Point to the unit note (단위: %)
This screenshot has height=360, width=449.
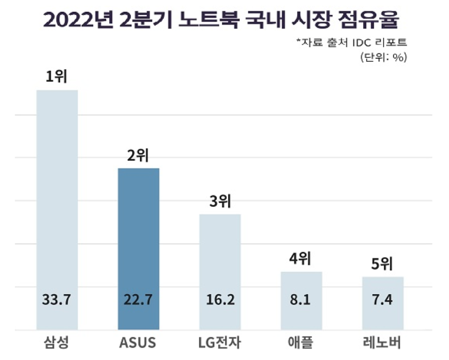[x=384, y=57]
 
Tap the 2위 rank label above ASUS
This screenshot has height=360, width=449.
[x=138, y=156]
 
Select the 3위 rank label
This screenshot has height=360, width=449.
[x=220, y=202]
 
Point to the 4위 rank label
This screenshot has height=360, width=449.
[x=301, y=259]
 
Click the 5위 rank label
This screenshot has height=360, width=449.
[x=383, y=264]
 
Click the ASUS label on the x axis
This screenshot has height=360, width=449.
[x=138, y=344]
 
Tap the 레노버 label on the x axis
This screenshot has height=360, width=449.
[x=383, y=344]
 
